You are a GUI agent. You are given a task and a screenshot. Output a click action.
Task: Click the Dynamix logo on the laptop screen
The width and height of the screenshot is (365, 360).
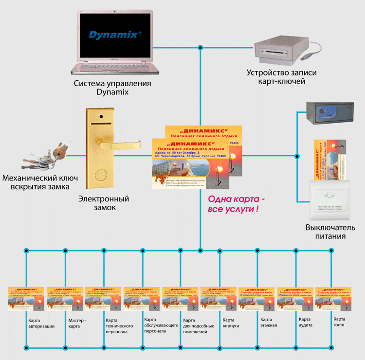[x=115, y=35]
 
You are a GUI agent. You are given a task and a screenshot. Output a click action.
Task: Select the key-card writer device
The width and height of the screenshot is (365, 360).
[x=277, y=48]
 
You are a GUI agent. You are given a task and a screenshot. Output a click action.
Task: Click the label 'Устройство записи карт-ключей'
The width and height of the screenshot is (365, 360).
[x=282, y=77]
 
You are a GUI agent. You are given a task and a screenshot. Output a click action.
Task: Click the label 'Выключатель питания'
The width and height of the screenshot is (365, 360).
[x=326, y=232]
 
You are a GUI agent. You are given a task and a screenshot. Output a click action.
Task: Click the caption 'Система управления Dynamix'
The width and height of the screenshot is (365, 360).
[x=112, y=88]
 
